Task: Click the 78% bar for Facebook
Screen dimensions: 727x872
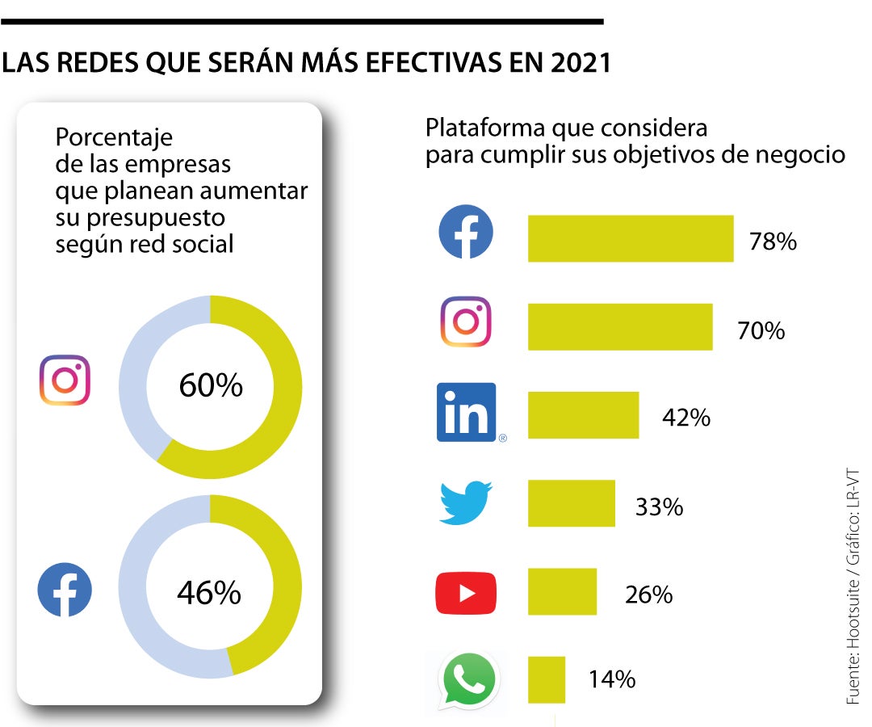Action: coord(630,238)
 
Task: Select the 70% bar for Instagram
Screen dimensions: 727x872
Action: coord(619,327)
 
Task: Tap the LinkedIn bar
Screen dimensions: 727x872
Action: coord(583,415)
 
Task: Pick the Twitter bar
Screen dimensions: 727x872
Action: coord(571,503)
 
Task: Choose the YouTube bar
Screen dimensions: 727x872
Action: coord(562,591)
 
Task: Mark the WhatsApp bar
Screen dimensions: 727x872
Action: coord(546,679)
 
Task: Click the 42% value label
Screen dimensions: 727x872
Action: coord(687,418)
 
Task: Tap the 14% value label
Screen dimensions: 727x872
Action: coord(611,679)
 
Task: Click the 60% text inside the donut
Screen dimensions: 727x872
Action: coord(210,386)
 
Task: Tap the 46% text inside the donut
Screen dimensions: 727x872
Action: coord(208,593)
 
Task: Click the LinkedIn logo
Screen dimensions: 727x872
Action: coord(467,412)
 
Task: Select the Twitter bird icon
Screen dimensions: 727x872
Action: coord(466,502)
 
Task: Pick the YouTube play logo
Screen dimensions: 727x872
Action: coord(466,592)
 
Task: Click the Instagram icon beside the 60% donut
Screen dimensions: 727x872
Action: coord(65,380)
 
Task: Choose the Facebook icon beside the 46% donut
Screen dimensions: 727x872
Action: coord(65,590)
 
